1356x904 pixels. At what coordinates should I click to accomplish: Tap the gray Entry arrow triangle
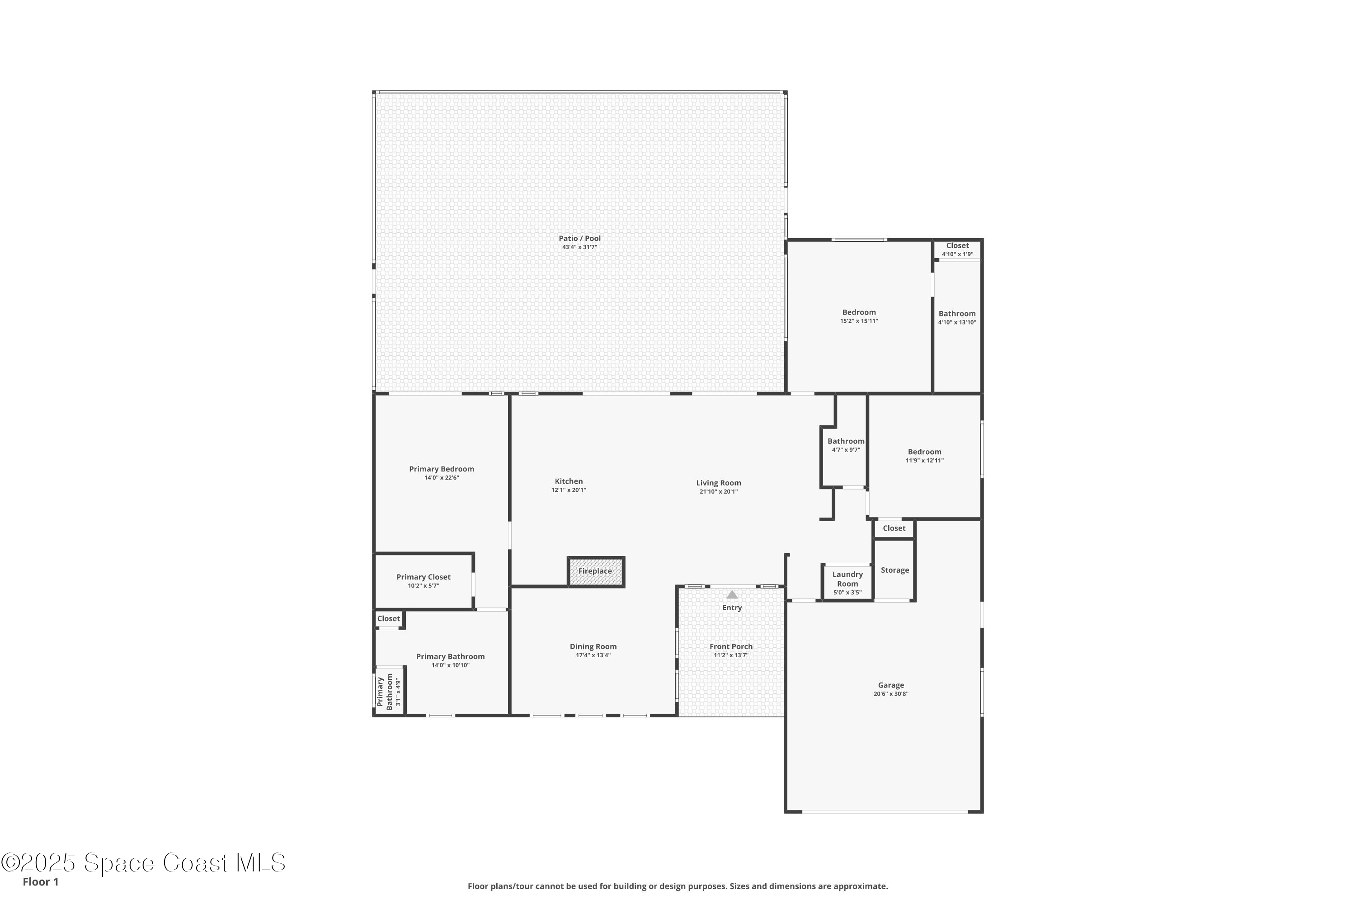click(x=732, y=594)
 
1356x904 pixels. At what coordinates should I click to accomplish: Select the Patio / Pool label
click(x=579, y=238)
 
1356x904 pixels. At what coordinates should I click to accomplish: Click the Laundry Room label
click(x=847, y=579)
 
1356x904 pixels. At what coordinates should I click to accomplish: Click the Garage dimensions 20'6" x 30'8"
click(x=891, y=694)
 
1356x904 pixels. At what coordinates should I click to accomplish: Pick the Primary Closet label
click(x=423, y=577)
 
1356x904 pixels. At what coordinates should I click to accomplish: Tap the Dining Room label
click(x=593, y=647)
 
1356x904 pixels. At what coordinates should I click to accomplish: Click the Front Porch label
click(x=730, y=647)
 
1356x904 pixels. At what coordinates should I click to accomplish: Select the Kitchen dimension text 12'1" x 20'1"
click(x=569, y=490)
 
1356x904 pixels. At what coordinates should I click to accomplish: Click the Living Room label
click(x=718, y=483)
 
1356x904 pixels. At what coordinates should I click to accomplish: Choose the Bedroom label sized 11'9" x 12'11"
click(x=924, y=452)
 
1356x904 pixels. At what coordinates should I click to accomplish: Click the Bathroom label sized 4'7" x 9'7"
click(x=846, y=442)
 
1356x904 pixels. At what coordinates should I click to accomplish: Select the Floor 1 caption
click(x=40, y=881)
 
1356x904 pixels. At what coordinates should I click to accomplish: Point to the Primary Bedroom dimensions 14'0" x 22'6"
click(x=442, y=478)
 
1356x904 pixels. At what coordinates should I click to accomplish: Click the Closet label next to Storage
click(x=894, y=528)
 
